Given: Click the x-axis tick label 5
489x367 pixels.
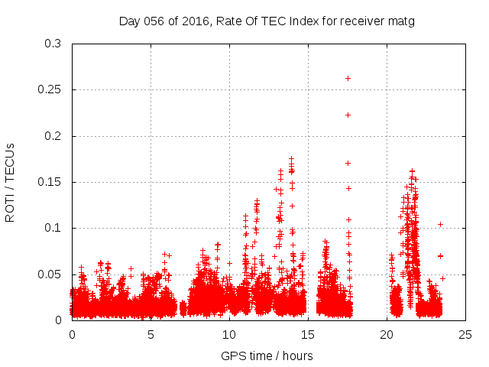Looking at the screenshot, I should point(151,334).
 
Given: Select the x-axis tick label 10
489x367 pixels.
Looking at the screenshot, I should point(229,334).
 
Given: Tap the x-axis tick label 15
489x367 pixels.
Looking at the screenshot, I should point(308,334).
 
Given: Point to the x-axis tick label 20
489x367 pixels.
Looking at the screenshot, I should point(387,334).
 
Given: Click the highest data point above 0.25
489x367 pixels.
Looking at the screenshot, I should point(348,78).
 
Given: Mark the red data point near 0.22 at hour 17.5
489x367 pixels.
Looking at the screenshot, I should point(348,115).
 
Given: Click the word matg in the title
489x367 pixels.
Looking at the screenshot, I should point(400,21).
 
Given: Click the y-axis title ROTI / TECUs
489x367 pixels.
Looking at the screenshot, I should point(11,182).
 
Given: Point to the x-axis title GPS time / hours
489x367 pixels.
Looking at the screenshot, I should point(267,356).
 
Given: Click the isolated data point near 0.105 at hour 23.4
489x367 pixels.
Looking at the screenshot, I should point(441,224).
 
